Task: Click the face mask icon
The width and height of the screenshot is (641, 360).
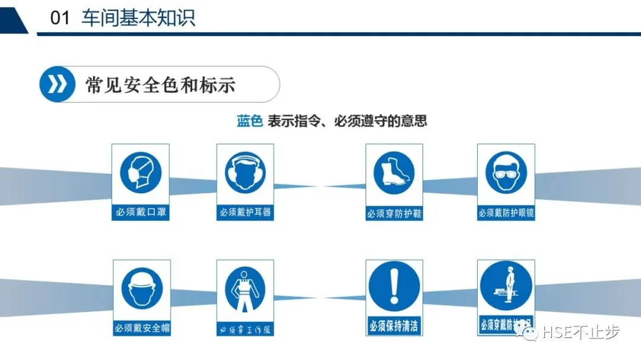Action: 141,173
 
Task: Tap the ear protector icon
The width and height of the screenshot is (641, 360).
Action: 245,173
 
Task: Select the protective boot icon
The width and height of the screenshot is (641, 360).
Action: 394,174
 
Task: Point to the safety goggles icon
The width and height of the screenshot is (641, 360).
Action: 506,174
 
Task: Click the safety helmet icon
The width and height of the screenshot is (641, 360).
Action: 142,289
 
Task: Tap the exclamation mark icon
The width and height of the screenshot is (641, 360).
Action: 394,288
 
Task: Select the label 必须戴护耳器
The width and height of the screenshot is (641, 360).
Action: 245,212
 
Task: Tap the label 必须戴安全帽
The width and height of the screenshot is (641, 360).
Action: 141,328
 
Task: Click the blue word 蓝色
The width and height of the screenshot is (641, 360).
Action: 249,122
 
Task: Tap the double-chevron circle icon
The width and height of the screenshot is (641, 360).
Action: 57,84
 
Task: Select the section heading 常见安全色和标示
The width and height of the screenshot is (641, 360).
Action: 160,85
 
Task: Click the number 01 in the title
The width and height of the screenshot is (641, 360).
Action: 61,18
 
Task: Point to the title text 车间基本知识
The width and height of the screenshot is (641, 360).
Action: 139,18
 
